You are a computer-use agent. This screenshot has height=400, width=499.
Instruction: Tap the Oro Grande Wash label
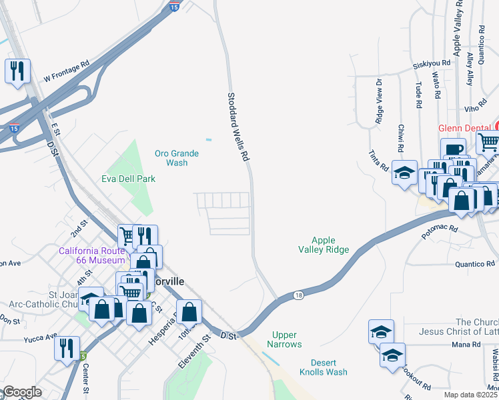tap(177, 158)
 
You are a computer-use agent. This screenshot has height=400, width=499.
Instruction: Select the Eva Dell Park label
tap(128, 179)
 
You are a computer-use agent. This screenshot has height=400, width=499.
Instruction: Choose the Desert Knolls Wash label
tap(323, 367)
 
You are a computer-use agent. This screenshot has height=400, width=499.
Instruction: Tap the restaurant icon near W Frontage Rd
tap(17, 71)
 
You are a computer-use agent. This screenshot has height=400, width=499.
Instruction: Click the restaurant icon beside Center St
tap(67, 349)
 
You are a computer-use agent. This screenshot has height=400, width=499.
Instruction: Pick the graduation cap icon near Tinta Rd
tap(404, 173)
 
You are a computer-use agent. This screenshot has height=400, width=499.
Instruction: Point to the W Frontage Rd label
tap(67, 73)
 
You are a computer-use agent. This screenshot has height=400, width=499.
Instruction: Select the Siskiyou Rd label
tap(431, 63)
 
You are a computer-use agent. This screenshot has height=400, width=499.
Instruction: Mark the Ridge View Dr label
tap(378, 101)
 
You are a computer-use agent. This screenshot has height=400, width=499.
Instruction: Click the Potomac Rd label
tap(440, 228)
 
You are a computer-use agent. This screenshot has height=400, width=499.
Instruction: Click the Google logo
tap(21, 392)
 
